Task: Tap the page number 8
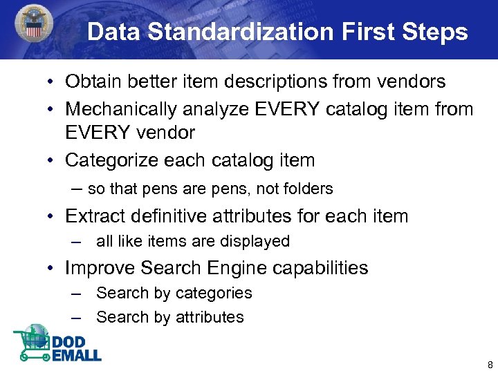tap(490, 365)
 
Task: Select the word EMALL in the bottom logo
tap(76, 355)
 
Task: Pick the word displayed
tap(257, 241)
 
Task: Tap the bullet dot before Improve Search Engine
tap(53, 268)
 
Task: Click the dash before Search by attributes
tap(79, 318)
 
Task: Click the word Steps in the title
tap(436, 32)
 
